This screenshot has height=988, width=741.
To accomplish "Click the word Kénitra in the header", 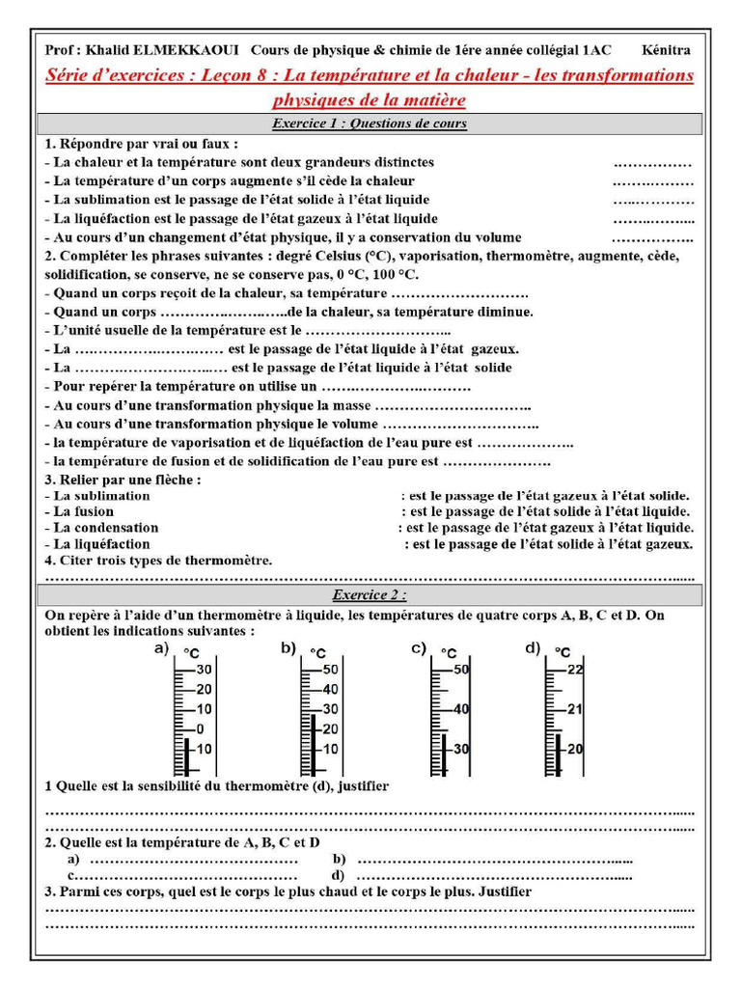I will pos(666,50).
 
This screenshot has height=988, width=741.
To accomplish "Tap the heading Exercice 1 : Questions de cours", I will pos(370,123).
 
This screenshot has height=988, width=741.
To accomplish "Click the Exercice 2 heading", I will pos(370,594).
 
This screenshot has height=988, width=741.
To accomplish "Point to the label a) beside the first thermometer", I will pos(161,649).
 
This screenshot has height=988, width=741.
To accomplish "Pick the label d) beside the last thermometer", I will pos(533,648).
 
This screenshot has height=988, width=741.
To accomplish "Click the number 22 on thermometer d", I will pos(576,670).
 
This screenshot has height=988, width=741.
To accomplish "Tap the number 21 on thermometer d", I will pos(576,709).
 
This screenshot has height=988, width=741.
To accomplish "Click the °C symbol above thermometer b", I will pos(317,654).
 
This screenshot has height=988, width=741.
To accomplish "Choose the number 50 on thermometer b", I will pos(330,670).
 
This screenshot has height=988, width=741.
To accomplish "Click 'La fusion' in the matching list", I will pos(83,511).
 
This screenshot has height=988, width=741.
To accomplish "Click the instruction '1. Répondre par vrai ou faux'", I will pos(141,143).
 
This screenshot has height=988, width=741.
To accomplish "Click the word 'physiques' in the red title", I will pos(316,99).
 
